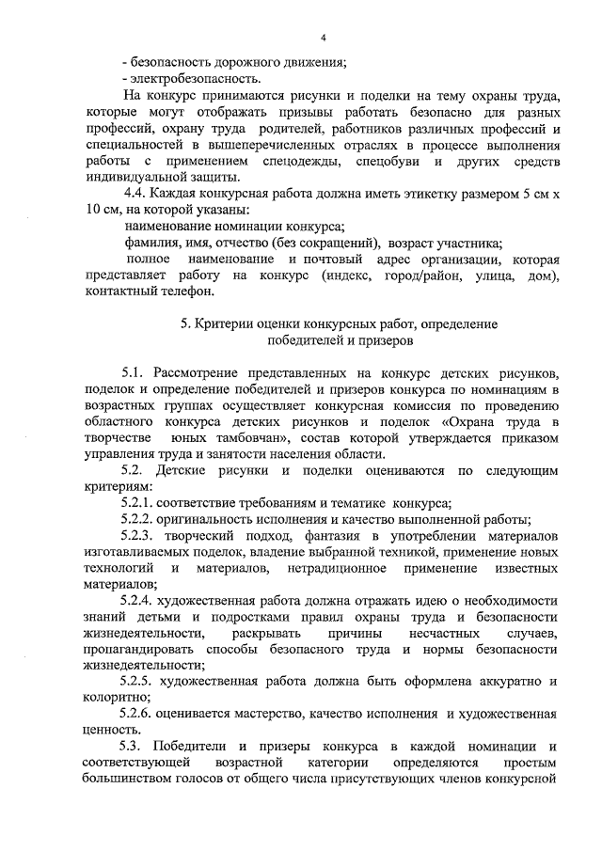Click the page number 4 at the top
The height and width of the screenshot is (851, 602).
point(323,38)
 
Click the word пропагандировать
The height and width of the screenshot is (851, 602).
point(138,650)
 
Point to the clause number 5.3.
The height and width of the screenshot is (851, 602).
point(134,747)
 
